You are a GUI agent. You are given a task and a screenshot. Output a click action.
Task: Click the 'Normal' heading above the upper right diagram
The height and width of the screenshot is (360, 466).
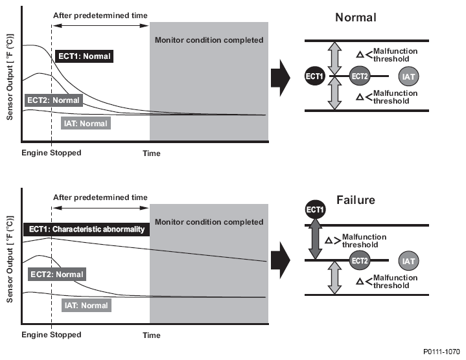356,17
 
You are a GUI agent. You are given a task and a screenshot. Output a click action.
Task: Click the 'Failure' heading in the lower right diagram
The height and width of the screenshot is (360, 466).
356,200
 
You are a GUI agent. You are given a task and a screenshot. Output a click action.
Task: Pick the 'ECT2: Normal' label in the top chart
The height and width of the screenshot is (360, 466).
53,100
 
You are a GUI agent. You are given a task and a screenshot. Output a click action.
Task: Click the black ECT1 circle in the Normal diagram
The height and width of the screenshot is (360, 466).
315,76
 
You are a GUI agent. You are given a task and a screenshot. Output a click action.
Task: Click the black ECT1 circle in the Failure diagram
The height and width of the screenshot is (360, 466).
315,210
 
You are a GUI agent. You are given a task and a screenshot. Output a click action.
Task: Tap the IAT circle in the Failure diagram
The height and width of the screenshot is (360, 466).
408,262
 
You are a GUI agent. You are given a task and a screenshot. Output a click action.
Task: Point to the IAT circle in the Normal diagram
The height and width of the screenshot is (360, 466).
408,76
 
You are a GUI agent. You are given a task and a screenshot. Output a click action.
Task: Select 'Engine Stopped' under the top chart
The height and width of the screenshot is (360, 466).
51,153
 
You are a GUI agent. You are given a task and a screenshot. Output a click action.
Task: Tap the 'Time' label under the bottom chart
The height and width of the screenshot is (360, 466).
152,335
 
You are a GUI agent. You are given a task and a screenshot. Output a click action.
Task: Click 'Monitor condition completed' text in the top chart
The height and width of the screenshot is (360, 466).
209,40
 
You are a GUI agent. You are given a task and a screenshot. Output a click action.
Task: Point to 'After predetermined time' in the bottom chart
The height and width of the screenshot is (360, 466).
100,197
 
